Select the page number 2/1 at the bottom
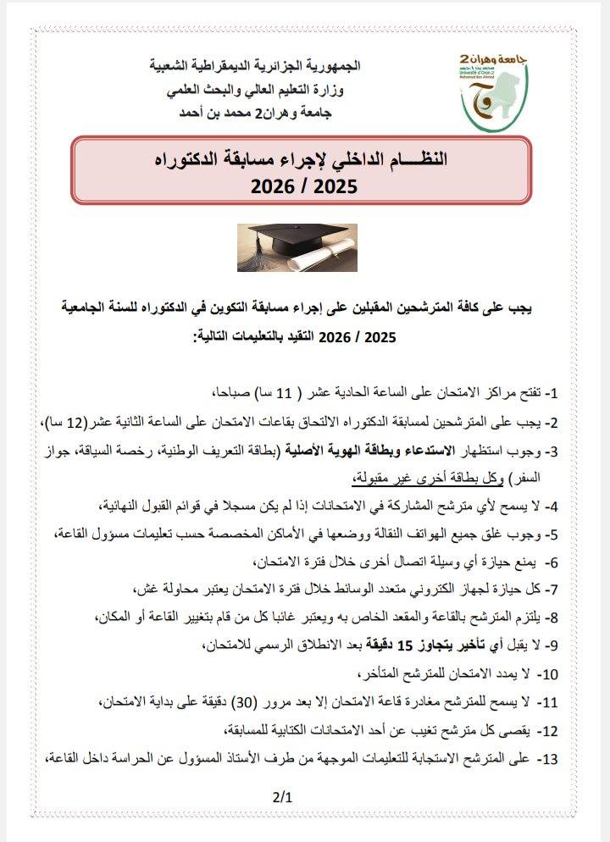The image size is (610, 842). (282, 797)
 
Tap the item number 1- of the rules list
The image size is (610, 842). (551, 393)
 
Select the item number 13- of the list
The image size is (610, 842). (547, 759)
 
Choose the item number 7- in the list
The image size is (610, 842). (549, 587)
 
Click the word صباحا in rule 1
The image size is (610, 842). (227, 393)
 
